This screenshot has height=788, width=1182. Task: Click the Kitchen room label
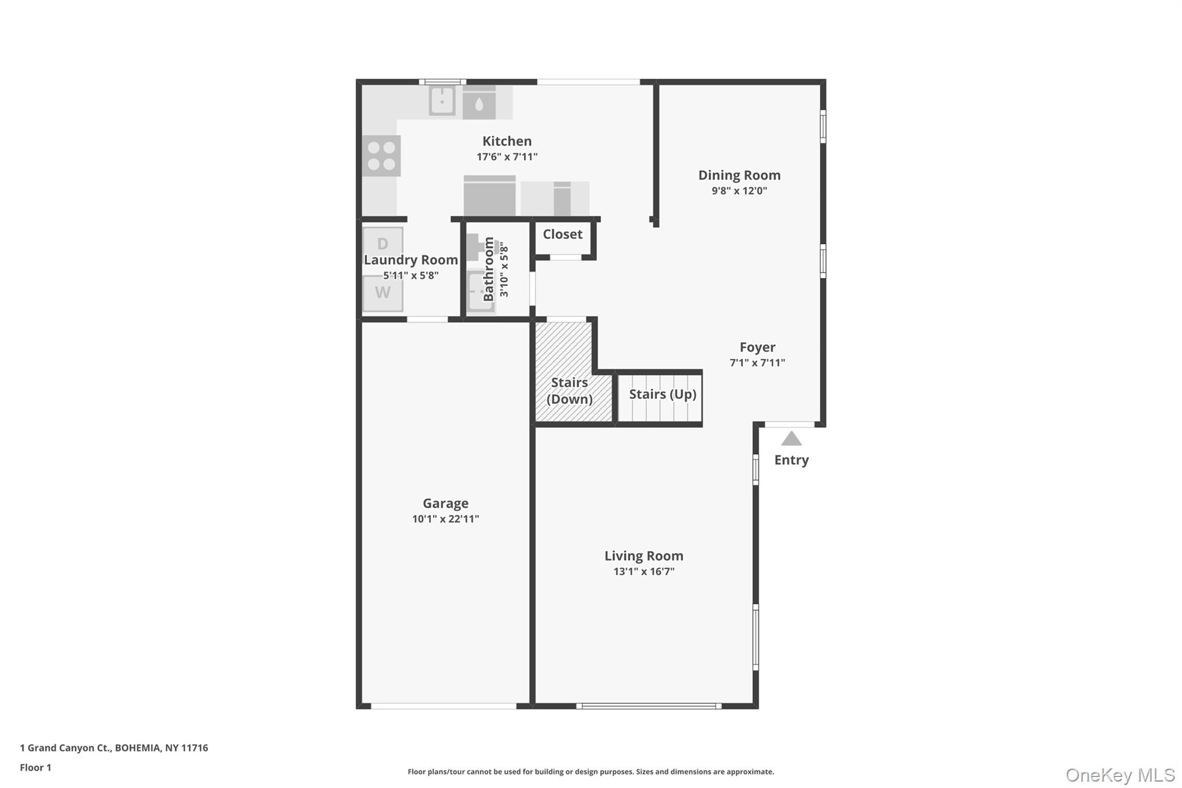pyautogui.click(x=507, y=141)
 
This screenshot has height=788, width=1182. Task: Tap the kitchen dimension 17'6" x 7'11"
pyautogui.click(x=507, y=156)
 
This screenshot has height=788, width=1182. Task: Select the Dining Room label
pyautogui.click(x=739, y=175)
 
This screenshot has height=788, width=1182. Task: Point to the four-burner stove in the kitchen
pyautogui.click(x=381, y=156)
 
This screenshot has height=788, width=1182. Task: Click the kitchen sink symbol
pyautogui.click(x=442, y=101)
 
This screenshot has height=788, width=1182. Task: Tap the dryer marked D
pyautogui.click(x=383, y=244)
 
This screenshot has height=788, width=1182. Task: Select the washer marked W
pyautogui.click(x=383, y=293)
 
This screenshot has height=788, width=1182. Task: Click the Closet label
pyautogui.click(x=563, y=234)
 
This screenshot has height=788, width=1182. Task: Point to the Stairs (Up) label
pyautogui.click(x=663, y=394)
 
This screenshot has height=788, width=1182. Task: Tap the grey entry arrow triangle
pyautogui.click(x=791, y=439)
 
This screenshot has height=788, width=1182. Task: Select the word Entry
pyautogui.click(x=791, y=460)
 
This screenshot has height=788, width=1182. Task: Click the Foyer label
pyautogui.click(x=758, y=347)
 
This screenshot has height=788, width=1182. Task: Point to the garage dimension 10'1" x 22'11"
pyautogui.click(x=446, y=519)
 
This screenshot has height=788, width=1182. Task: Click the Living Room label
pyautogui.click(x=644, y=556)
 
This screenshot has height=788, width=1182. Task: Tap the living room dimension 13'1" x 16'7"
pyautogui.click(x=644, y=572)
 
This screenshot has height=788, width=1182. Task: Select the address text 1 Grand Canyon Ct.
pyautogui.click(x=65, y=748)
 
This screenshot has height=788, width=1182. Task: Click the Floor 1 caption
pyautogui.click(x=36, y=767)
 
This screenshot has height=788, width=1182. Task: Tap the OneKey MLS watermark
pyautogui.click(x=1120, y=775)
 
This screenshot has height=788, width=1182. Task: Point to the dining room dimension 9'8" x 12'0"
pyautogui.click(x=739, y=191)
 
